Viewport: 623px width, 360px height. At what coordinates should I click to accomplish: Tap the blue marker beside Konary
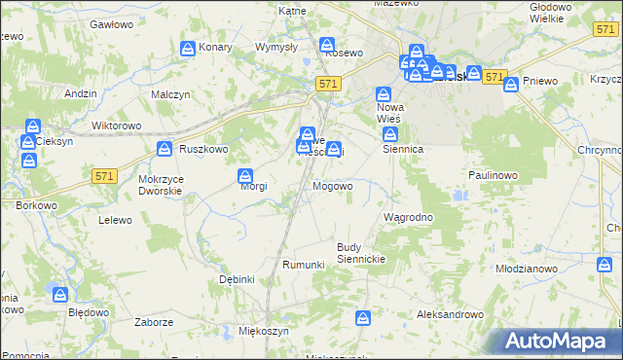coord(188,47)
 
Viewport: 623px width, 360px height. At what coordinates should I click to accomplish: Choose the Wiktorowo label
coord(116,126)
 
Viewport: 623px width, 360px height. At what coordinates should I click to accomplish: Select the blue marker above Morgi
coord(246,176)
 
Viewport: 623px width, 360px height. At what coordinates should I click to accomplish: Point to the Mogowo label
coord(333,186)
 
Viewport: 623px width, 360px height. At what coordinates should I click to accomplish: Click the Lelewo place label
coord(115,220)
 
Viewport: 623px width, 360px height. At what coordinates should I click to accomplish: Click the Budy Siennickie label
coord(362,253)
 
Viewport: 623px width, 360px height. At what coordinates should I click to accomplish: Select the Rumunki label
coord(303,265)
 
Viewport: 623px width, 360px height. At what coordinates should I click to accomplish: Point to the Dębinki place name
coord(237,279)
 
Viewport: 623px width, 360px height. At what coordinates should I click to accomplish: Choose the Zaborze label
coord(155,322)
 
